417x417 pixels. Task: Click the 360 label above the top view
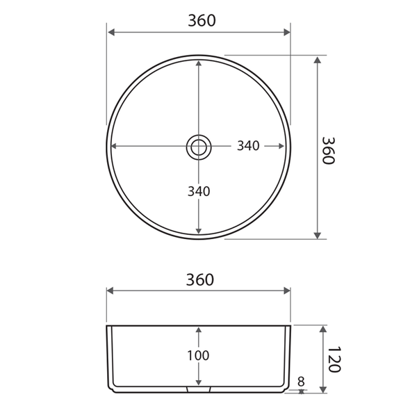tap(202, 20)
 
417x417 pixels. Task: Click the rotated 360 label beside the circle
tap(328, 151)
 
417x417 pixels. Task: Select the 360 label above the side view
tap(199, 280)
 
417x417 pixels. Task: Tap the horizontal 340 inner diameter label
tap(248, 146)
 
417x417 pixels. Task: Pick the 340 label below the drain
tap(199, 191)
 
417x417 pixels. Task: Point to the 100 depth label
tap(198, 356)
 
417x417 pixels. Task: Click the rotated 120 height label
tap(334, 359)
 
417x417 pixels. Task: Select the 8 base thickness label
tap(301, 382)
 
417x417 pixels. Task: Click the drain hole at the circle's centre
tap(198, 147)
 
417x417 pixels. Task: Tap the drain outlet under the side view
tap(199, 389)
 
